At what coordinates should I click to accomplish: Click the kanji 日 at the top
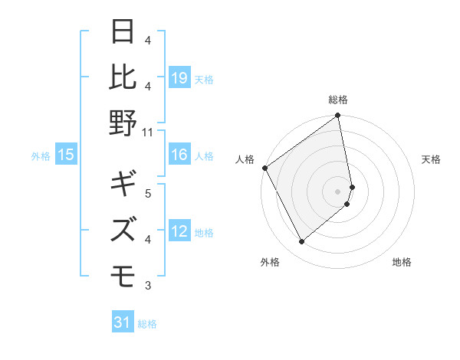click(122, 33)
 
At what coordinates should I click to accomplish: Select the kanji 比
click(122, 77)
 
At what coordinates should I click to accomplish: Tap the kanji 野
click(122, 123)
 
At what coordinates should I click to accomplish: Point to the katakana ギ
click(122, 184)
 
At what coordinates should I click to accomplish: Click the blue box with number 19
click(179, 78)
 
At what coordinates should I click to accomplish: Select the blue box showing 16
click(179, 155)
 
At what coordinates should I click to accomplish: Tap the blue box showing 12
click(179, 232)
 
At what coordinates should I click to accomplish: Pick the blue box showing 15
click(66, 155)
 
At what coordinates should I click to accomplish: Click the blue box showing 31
click(123, 322)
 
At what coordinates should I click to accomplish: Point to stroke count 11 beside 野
click(148, 132)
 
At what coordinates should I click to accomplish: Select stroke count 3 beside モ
click(148, 286)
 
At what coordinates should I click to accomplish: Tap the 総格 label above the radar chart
click(338, 100)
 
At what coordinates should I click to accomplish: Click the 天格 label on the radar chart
click(431, 159)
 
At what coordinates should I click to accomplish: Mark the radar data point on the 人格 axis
click(265, 168)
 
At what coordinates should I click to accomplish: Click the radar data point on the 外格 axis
click(301, 242)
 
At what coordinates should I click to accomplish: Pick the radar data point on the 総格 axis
click(338, 116)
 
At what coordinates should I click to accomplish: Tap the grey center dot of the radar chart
click(338, 191)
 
